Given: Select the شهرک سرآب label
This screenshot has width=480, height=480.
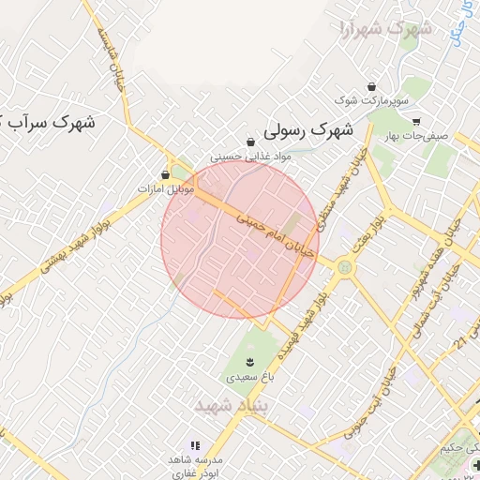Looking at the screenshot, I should pyautogui.click(x=56, y=121).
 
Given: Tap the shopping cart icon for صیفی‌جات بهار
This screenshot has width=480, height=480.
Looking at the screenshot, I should pyautogui.click(x=416, y=121).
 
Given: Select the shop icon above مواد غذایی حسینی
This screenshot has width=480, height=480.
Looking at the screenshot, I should pyautogui.click(x=250, y=142).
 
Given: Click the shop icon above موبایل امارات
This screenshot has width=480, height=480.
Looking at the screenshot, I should pyautogui.click(x=166, y=174).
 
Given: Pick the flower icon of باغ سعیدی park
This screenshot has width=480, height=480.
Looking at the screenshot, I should pyautogui.click(x=249, y=361).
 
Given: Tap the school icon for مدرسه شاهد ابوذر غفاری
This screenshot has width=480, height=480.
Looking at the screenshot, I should pyautogui.click(x=195, y=445).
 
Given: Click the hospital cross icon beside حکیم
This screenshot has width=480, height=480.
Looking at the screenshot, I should pyautogui.click(x=476, y=464).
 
